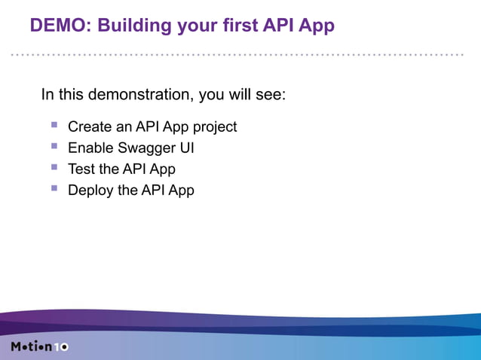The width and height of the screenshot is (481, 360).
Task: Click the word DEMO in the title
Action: (56, 26)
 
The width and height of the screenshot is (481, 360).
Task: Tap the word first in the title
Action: (230, 26)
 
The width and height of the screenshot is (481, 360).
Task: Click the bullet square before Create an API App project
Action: (54, 125)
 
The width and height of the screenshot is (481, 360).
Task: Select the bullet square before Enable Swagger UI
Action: (54, 146)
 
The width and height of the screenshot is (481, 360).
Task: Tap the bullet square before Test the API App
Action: (54, 167)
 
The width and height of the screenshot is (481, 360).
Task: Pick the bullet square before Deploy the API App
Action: (54, 188)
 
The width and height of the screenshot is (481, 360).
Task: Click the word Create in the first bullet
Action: (89, 127)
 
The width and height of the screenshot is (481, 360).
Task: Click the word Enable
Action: (89, 148)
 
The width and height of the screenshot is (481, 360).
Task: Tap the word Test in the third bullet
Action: (81, 169)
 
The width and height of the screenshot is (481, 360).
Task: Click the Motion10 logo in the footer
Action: (40, 346)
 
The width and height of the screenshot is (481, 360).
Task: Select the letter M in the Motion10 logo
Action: (17, 346)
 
